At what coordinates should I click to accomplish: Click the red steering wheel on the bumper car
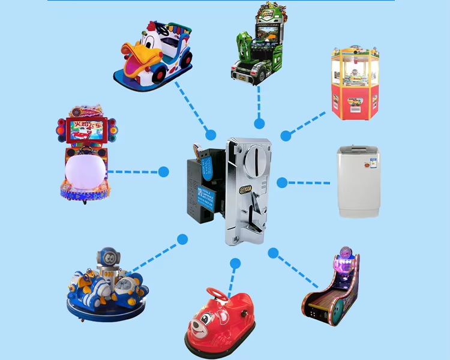218,294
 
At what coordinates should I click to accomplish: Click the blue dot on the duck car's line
211,134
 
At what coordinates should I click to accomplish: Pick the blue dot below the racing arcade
259,124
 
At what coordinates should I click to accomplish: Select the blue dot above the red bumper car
235,263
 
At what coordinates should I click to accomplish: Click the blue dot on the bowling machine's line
273,253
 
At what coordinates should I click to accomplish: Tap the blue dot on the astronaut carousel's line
182,239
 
